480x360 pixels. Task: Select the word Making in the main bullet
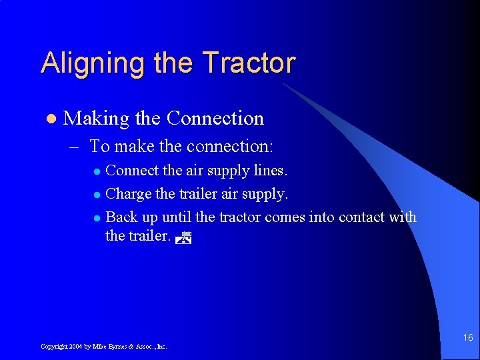[x=96, y=119]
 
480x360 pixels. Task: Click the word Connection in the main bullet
[x=215, y=119]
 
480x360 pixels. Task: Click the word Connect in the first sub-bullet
[x=133, y=171]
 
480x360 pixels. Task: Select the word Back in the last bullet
[x=120, y=217]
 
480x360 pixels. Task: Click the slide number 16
[x=468, y=338]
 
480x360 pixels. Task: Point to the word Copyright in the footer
[x=54, y=347]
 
